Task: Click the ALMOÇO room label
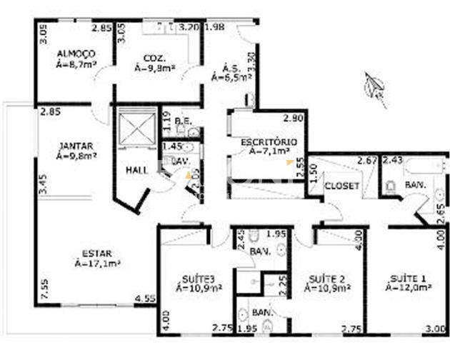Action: (71, 54)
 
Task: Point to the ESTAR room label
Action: (96, 252)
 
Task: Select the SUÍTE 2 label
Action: (326, 277)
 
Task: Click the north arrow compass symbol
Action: (374, 87)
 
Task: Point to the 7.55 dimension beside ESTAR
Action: (44, 288)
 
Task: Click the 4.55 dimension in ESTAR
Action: (145, 298)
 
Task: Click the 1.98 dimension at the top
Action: (214, 27)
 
